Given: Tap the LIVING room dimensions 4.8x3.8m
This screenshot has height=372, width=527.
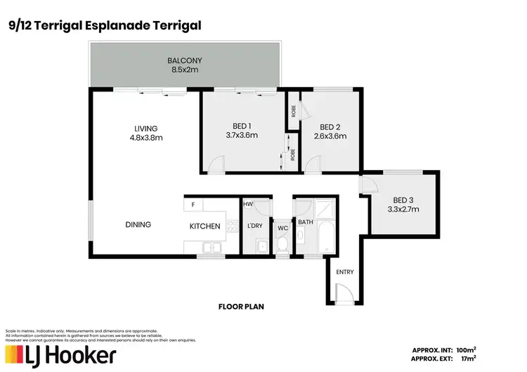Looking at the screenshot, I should tap(146, 138).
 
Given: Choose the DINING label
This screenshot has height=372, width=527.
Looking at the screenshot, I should tap(138, 225).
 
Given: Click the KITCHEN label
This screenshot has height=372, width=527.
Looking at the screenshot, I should tap(205, 226).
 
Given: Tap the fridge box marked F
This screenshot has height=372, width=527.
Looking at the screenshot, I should tap(193, 205).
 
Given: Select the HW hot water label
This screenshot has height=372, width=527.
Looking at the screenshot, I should tap(249, 204).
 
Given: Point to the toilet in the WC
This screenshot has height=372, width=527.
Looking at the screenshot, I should tap(282, 244).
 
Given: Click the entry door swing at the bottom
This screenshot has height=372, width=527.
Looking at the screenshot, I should tap(343, 291).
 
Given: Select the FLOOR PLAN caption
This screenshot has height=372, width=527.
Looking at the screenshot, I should tap(240, 307).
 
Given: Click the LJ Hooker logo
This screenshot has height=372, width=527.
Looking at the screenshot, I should tap(60, 355).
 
